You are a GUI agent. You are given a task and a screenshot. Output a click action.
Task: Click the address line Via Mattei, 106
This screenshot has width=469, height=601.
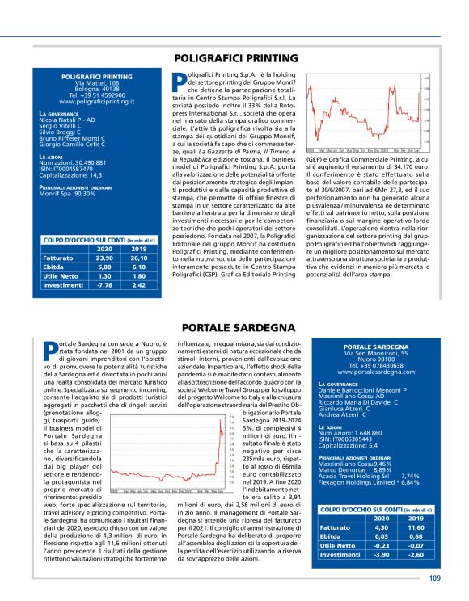point(96,83)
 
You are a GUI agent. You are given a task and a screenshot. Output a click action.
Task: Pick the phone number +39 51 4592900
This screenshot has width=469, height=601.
point(96,96)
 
